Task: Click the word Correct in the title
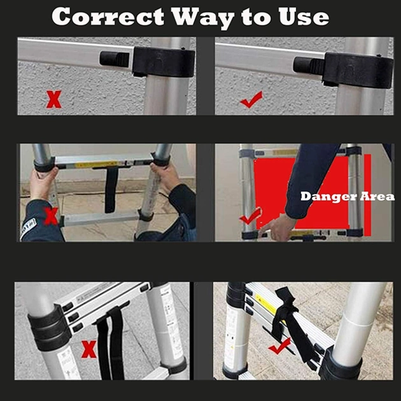coord(108,17)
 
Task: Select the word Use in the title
coord(304,17)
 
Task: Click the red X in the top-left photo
coord(53,99)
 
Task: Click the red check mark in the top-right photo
coord(251,99)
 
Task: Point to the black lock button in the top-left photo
coord(115,59)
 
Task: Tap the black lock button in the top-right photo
coord(309,65)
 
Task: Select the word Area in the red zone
coord(377,197)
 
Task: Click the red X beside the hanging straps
coord(88,349)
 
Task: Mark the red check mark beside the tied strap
coord(280,346)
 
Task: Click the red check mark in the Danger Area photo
coord(251,216)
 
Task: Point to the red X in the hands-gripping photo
coord(51,216)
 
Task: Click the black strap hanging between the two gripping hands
coord(111,189)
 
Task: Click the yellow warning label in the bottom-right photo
coord(265,304)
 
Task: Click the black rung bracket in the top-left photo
coord(164,62)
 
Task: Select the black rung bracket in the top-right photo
coord(358,70)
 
